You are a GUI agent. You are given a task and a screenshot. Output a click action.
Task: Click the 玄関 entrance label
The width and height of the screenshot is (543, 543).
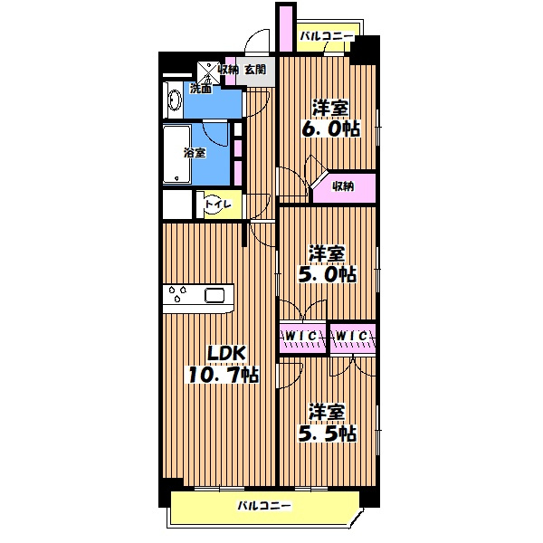pos(255,70)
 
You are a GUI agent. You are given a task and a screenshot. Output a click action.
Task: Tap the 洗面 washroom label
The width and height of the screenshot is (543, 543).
pos(201,89)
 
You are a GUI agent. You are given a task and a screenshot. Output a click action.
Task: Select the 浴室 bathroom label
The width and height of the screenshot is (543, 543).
pos(195,153)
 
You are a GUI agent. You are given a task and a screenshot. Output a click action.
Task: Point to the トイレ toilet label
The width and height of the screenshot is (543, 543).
pos(218,204)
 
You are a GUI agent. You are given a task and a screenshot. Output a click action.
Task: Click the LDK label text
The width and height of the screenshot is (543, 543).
pos(226,354)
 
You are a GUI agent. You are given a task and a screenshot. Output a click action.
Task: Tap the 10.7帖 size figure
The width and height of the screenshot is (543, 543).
pos(224,375)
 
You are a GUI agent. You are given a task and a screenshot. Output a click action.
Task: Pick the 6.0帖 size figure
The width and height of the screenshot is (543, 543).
pos(330,129)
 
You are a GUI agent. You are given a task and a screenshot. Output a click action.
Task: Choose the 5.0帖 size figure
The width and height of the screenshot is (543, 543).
pos(328,274)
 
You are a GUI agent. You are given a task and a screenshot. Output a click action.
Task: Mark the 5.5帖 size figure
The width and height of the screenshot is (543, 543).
pos(328,433)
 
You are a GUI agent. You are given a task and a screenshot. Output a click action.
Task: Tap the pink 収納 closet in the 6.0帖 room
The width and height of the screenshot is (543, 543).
pos(346,187)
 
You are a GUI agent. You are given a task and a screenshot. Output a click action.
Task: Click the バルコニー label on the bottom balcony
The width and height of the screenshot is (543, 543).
pos(264,506)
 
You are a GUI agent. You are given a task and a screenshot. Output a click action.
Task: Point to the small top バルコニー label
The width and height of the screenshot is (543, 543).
pos(327,36)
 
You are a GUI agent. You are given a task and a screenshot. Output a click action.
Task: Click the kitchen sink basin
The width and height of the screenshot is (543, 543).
pos(214,295)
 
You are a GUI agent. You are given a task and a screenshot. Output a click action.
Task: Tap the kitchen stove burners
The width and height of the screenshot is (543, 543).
pos(177,293)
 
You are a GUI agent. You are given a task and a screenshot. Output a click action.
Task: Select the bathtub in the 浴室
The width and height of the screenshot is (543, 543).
pos(177,154)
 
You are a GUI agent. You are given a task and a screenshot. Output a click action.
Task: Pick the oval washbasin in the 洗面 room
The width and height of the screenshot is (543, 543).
pos(174,100)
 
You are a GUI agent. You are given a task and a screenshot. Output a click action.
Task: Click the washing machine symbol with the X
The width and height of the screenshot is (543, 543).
pos(208,73)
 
